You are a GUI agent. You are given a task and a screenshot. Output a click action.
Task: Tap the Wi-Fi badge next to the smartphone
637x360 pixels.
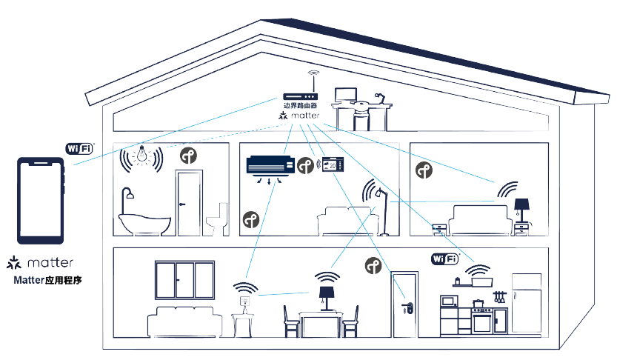(79, 147)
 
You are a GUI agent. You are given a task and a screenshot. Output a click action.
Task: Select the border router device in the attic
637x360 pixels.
(300, 96)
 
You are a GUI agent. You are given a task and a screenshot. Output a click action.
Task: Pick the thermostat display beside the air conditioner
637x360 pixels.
(333, 165)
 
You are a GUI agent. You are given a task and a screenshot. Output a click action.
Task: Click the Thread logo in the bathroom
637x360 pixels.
(190, 156)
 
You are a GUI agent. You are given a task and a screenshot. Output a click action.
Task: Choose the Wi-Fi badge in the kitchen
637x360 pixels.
(445, 259)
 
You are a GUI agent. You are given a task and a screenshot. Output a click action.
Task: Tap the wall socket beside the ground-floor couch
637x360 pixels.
(244, 301)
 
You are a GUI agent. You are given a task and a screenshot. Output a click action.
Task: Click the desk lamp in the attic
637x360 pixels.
(379, 98)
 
